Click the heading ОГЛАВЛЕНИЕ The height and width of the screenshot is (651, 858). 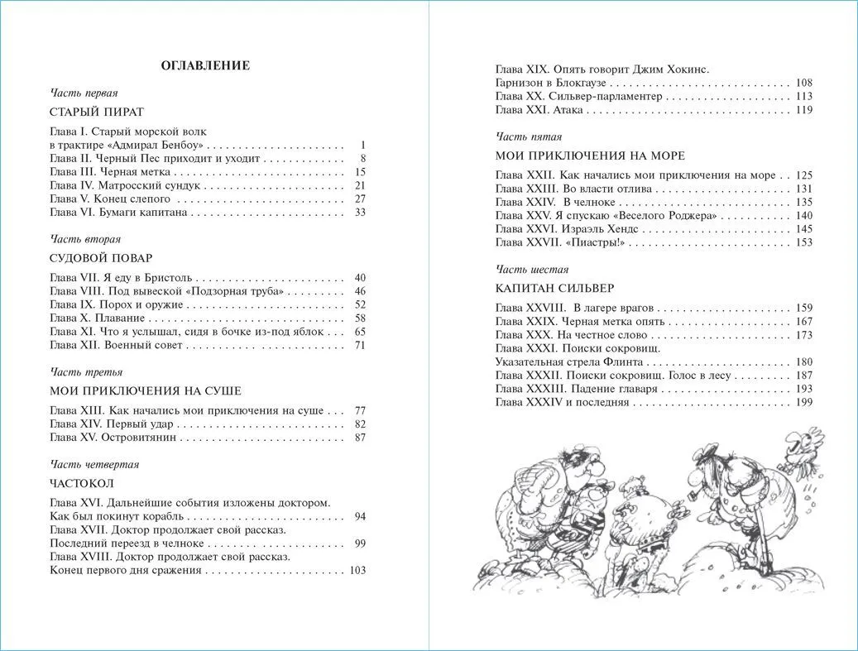click(x=205, y=65)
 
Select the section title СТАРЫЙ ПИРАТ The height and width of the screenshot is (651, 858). click(x=97, y=111)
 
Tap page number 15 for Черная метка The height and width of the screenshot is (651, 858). click(x=359, y=171)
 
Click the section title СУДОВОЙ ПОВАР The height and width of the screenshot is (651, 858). click(x=101, y=258)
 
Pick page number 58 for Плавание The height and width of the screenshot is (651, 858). click(x=359, y=318)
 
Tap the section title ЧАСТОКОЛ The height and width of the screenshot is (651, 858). click(x=82, y=483)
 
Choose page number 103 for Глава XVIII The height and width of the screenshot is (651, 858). click(x=357, y=570)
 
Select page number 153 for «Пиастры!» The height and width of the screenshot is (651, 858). click(x=803, y=242)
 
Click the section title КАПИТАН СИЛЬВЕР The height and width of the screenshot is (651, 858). click(x=554, y=288)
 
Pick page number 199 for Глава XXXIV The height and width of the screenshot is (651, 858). click(x=803, y=402)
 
